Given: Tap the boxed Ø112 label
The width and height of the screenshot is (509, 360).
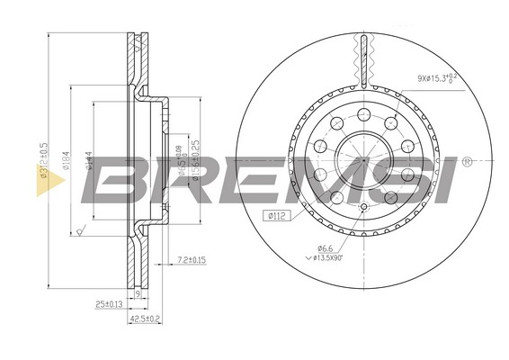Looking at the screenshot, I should click(274, 213).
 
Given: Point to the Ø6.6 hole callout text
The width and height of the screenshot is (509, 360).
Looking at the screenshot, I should click(325, 248).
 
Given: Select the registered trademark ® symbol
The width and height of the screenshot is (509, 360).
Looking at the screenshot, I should click(466, 163).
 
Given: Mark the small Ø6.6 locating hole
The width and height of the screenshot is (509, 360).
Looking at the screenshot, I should click(362, 208).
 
